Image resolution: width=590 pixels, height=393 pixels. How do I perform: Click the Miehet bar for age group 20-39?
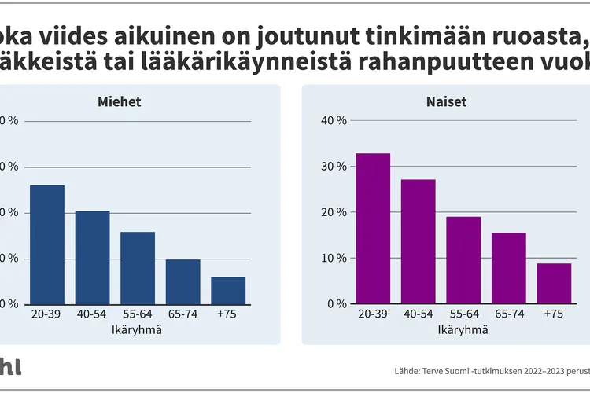47,244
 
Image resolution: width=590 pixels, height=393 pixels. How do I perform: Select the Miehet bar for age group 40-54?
93,257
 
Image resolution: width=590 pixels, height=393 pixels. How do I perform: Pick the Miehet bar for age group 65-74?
183,281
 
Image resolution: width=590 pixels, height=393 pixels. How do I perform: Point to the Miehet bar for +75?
228,290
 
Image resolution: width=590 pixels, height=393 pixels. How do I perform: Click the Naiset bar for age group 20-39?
373,228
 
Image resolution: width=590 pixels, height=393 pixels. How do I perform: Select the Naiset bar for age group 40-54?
419,241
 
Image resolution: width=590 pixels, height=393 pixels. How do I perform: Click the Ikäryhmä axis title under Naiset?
463,329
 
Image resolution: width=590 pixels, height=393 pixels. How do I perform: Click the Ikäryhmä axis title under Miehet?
138,329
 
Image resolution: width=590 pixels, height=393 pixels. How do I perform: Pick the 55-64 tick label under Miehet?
138,314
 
